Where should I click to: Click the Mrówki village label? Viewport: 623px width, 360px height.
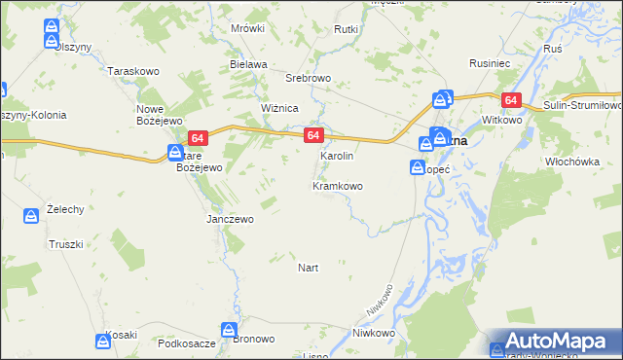point(248,28)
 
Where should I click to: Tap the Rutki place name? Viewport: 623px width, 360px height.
point(347,29)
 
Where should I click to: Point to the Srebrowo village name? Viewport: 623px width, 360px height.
point(309,78)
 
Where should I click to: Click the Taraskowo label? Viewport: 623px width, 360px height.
point(133,72)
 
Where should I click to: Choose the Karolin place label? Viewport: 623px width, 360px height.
point(337,156)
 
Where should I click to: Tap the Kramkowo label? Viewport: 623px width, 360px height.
point(337,185)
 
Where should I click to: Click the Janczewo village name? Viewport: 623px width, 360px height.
point(230,219)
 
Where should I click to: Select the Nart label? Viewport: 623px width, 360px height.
point(308,267)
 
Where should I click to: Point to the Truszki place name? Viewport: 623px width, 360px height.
point(66,243)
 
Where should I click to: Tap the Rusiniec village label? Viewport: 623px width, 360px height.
point(490,62)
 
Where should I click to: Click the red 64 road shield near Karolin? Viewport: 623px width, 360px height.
point(311,135)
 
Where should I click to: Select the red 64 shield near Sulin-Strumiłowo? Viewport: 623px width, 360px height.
point(511,100)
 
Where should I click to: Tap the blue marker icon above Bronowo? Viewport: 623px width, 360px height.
point(229,329)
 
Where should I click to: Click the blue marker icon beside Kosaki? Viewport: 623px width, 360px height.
point(103,340)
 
